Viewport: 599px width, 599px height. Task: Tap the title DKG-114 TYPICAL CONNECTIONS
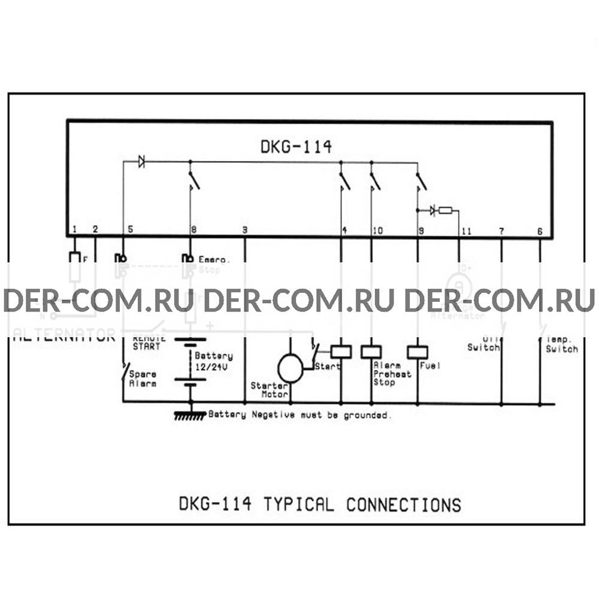[320, 504]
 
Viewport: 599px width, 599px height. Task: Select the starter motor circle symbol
[291, 367]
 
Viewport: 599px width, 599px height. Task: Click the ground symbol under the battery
[190, 414]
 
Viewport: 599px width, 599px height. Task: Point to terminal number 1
[74, 229]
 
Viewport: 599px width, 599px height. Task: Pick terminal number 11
[467, 230]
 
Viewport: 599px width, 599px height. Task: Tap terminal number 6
[540, 230]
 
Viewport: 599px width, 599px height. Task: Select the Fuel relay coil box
[417, 352]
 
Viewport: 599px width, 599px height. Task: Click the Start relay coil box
[341, 352]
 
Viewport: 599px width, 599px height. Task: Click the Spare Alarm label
[143, 378]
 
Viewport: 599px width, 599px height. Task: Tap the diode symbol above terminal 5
[141, 161]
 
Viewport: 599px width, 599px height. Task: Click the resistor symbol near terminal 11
[446, 210]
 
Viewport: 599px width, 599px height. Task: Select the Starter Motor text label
[270, 390]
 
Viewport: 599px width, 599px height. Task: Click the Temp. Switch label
[561, 345]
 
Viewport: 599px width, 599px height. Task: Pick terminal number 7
[501, 230]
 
